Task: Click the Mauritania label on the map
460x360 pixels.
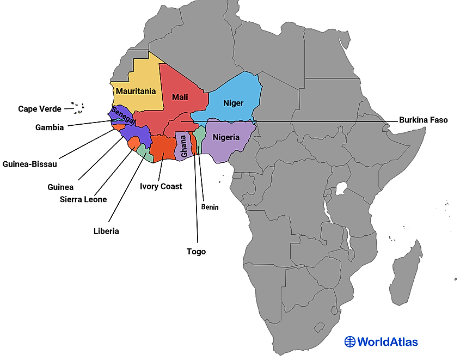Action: click(136, 91)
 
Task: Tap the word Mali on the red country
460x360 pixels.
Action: click(180, 97)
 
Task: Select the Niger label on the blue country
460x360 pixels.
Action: click(233, 103)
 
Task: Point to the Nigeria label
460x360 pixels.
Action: click(226, 137)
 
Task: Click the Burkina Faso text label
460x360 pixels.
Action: click(423, 120)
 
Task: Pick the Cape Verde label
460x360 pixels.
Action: click(39, 109)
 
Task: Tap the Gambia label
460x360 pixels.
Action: click(50, 127)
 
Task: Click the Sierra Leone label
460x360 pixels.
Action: click(83, 199)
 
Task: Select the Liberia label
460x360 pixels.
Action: click(106, 231)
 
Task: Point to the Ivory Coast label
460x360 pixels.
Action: click(161, 186)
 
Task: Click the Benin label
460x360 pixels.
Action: click(210, 207)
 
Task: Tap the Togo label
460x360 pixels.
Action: click(196, 252)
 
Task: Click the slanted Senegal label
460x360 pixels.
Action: click(122, 116)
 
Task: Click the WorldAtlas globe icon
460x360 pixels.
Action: click(349, 341)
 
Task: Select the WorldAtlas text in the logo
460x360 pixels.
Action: click(388, 342)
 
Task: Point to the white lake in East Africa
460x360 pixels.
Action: click(342, 189)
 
